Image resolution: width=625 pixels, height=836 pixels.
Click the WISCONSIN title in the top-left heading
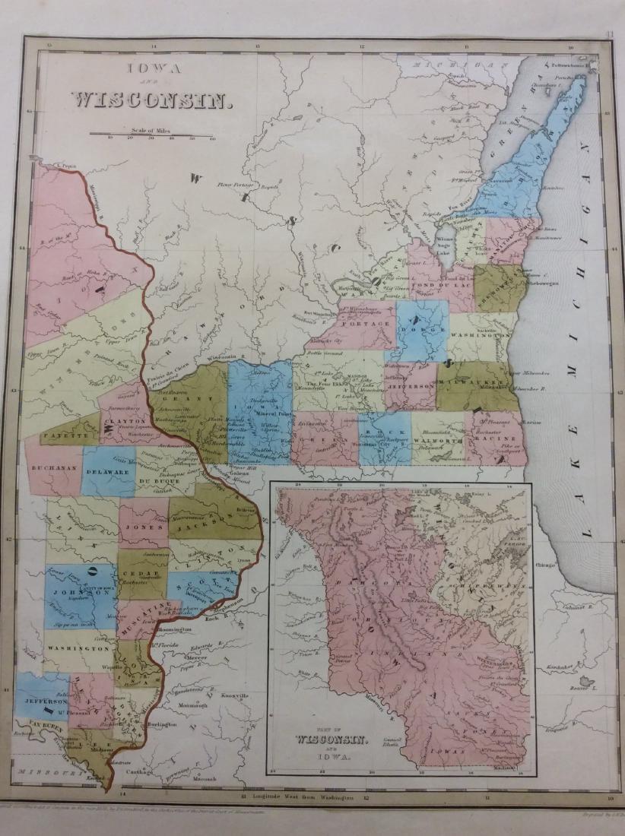[x=151, y=100]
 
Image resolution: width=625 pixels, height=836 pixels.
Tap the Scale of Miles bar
[x=152, y=135]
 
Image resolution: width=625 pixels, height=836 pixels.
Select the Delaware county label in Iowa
[x=109, y=470]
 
